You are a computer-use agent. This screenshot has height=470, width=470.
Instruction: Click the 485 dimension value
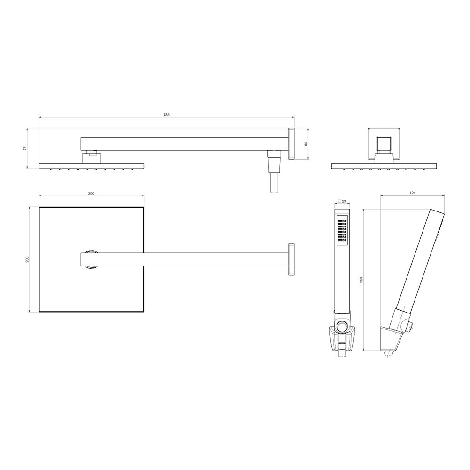tap(166, 115)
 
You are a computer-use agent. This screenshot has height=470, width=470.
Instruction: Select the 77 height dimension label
tap(25, 149)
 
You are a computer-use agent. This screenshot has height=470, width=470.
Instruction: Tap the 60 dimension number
tap(306, 143)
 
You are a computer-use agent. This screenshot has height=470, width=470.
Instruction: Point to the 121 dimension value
tap(413, 193)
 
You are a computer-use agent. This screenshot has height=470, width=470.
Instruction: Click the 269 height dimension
tap(361, 280)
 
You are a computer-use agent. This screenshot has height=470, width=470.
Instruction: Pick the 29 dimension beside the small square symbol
tap(344, 201)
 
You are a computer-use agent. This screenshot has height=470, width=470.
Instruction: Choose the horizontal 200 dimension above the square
tap(92, 193)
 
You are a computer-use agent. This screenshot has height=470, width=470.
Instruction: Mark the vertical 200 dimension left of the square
tap(27, 259)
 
